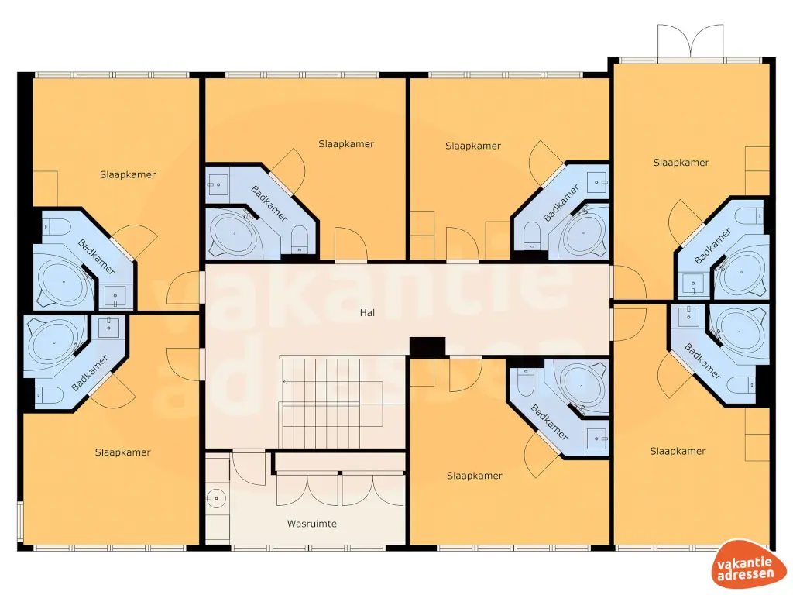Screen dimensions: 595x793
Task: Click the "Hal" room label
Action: tap(366, 314)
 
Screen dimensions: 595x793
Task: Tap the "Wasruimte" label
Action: tap(311, 524)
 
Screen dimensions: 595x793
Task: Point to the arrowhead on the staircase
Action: tap(285, 381)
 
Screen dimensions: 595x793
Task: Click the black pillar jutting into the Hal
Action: tap(427, 348)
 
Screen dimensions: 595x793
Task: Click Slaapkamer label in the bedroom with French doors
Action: tap(681, 163)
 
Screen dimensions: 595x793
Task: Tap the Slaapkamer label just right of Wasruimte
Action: tap(474, 476)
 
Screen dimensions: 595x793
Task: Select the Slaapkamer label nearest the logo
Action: tap(678, 451)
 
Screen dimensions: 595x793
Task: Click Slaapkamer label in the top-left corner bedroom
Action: tap(127, 174)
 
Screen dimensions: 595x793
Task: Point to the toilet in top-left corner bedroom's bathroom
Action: tap(54, 226)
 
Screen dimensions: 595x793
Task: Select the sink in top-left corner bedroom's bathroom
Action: tap(117, 296)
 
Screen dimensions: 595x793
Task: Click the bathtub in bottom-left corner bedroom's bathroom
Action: tap(51, 339)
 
